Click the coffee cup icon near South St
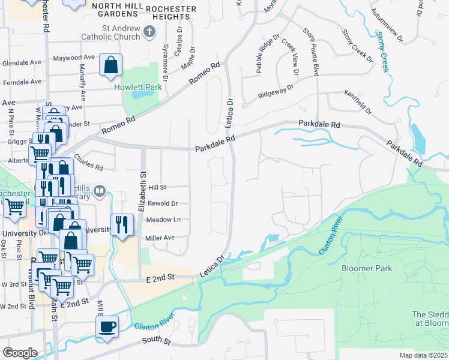pos(107,326)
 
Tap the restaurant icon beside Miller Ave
pos(122,224)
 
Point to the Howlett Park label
pos(139,87)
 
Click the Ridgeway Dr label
pos(276,91)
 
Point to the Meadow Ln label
pos(164,220)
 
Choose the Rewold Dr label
pos(163,203)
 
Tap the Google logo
pos(20,352)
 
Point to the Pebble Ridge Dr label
pos(268,53)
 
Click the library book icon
pos(100,191)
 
